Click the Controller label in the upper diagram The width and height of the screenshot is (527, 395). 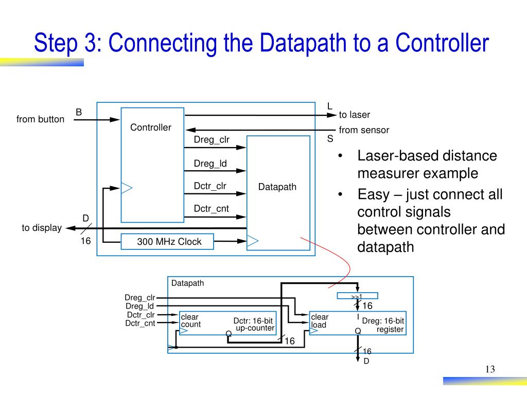(150, 128)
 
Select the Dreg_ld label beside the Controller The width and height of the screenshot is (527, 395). (210, 164)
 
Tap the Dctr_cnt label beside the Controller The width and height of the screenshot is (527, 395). (211, 208)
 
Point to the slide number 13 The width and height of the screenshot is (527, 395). (489, 370)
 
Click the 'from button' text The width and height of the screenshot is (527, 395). (40, 119)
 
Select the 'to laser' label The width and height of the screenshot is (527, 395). (354, 115)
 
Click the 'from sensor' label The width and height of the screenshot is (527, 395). (364, 130)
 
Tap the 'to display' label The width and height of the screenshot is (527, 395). (42, 228)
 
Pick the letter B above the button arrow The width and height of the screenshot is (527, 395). (79, 112)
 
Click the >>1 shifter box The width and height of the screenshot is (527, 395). (357, 296)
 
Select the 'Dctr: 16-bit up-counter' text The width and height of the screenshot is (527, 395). (254, 325)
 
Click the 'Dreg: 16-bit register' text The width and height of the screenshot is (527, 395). (383, 325)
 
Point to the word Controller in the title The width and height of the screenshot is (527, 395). (442, 43)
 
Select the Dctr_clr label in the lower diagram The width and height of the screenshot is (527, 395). (140, 315)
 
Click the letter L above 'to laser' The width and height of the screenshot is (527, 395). (329, 106)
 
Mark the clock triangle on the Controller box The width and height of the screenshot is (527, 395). (126, 188)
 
